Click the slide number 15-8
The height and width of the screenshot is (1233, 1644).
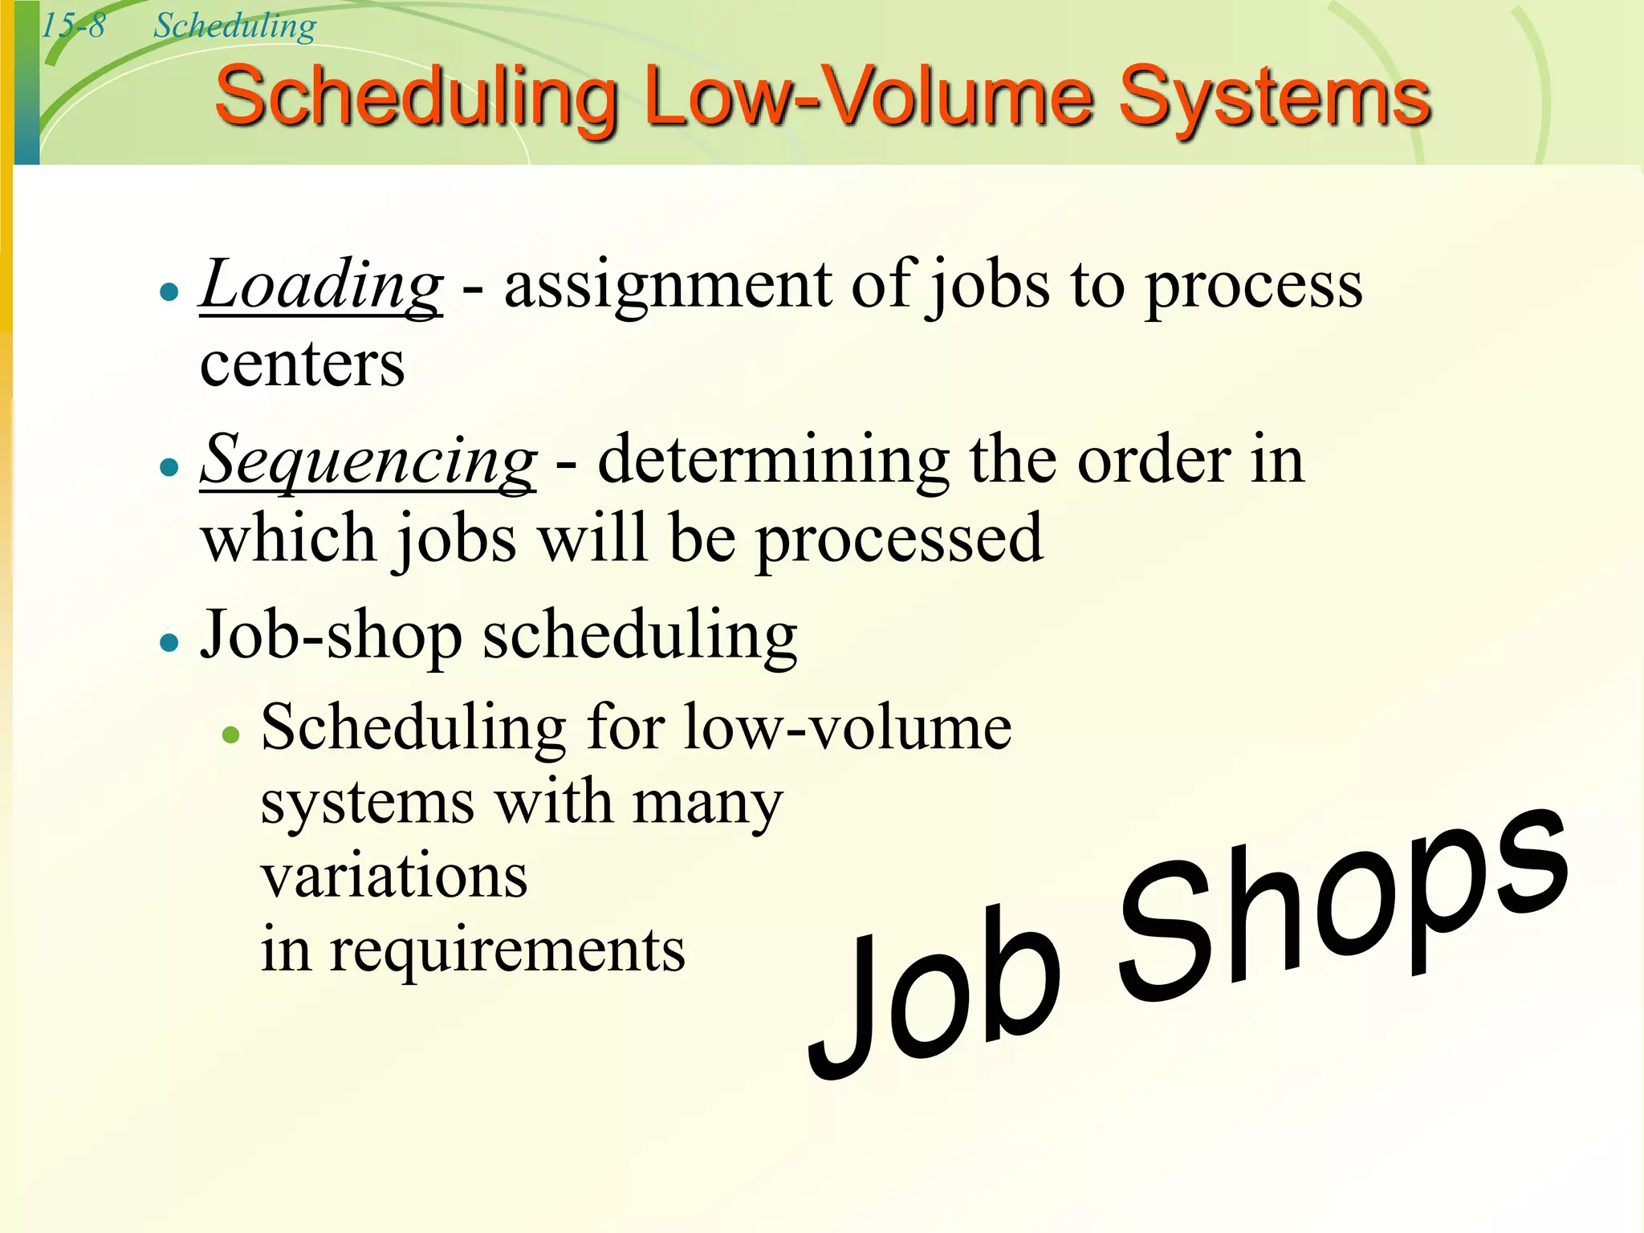point(73,26)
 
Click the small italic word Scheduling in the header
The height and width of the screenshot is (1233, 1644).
point(235,26)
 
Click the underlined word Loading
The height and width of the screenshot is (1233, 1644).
point(321,286)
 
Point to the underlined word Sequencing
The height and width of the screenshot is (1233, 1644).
point(368,461)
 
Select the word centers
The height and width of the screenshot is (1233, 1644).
point(303,364)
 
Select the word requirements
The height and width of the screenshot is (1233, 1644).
point(507,950)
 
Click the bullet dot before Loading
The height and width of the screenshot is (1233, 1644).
point(169,291)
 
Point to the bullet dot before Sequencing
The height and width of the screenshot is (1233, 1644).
point(169,467)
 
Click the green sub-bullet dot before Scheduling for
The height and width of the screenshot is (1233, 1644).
point(231,735)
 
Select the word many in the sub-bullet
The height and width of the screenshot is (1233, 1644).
point(707,803)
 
